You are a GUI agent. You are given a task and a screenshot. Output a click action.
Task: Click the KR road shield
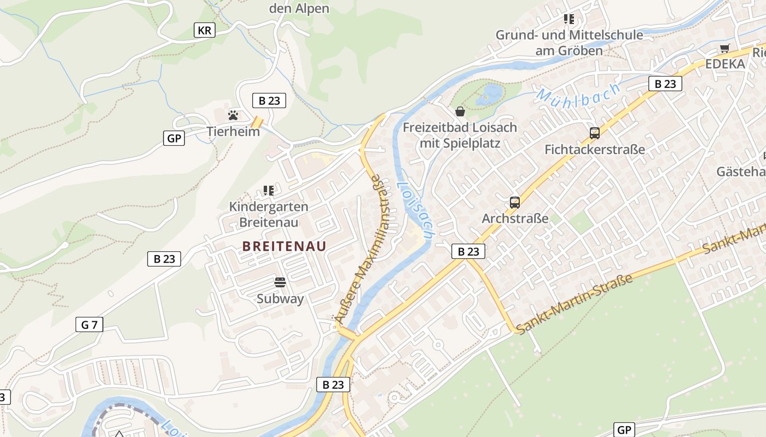[x=204, y=30]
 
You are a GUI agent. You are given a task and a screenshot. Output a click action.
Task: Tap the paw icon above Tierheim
[x=233, y=115]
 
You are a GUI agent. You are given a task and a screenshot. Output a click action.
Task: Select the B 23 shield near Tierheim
[x=269, y=101]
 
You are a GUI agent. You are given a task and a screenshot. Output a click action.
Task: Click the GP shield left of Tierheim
[x=174, y=138]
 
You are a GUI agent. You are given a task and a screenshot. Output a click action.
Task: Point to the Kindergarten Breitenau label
[x=269, y=215]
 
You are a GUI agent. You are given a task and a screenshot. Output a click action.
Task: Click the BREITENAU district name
[x=284, y=246]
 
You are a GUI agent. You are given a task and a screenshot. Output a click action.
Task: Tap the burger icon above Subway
[x=280, y=282]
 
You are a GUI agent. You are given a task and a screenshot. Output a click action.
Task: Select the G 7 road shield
[x=89, y=324]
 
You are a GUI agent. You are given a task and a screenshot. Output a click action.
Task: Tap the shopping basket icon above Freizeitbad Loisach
[x=460, y=111]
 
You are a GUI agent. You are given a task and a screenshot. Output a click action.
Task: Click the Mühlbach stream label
[x=579, y=95]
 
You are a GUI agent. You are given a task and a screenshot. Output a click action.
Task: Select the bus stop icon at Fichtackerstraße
[x=594, y=133]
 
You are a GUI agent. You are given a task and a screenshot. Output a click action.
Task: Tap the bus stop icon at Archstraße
[x=514, y=203]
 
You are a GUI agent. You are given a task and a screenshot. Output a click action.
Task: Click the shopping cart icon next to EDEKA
[x=725, y=48]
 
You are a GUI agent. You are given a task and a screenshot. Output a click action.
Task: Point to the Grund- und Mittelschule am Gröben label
[x=569, y=43]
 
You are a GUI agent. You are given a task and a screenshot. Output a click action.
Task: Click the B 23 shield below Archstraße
[x=468, y=251]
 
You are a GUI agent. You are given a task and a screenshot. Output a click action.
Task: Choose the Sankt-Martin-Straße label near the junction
[x=574, y=304]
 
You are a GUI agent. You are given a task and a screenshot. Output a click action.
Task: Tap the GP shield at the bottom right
[x=624, y=430]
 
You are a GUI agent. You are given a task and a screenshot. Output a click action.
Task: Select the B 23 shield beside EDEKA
[x=665, y=84]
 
